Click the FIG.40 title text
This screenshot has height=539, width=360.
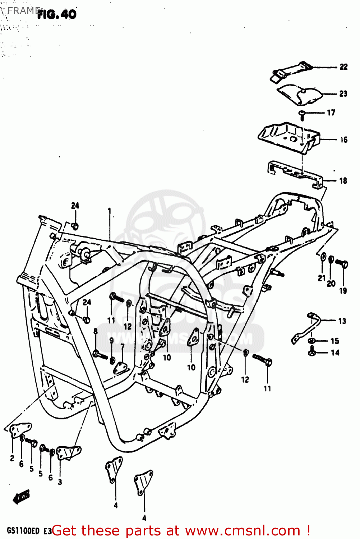coord(57,14)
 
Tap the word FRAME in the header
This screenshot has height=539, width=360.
coord(23,11)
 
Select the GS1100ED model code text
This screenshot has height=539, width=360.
coord(23,531)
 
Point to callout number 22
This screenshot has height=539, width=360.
coord(343,67)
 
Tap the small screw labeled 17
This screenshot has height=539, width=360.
coord(302,114)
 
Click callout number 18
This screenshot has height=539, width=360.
coord(343,181)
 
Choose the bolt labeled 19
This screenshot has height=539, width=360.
coord(342,264)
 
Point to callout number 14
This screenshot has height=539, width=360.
coord(335,353)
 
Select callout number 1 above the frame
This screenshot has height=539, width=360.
coord(109,209)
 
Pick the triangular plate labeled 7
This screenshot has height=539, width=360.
coord(120,368)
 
